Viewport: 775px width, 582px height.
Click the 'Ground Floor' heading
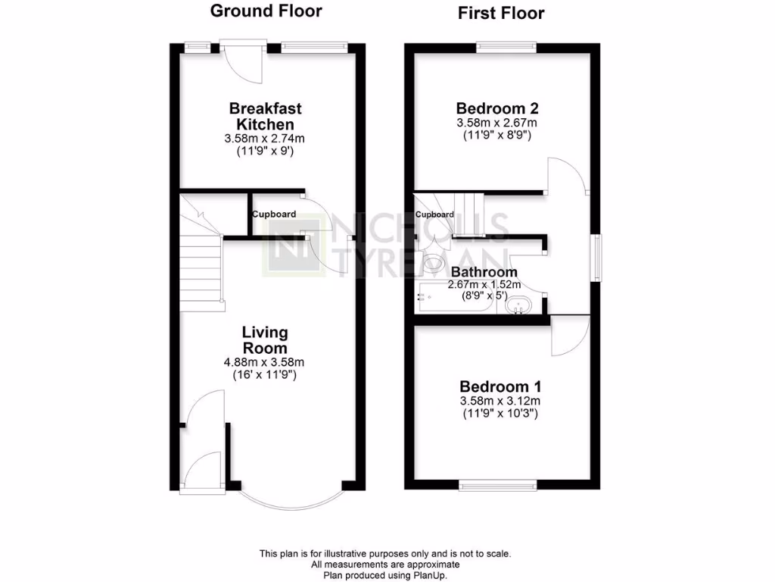tap(266, 11)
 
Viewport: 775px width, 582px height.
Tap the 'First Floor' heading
tap(500, 13)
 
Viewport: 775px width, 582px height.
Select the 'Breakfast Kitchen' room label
tap(261, 116)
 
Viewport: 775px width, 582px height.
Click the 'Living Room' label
tap(265, 340)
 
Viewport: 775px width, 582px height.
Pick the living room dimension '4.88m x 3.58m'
tap(264, 362)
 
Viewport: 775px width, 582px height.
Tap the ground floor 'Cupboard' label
tap(274, 214)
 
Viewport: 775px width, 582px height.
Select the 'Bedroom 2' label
tap(497, 107)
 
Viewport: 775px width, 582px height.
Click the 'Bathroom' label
tap(484, 272)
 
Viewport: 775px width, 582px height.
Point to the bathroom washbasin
tap(520, 305)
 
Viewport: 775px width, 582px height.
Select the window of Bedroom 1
tap(497, 484)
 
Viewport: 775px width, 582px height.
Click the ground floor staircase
tap(201, 265)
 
